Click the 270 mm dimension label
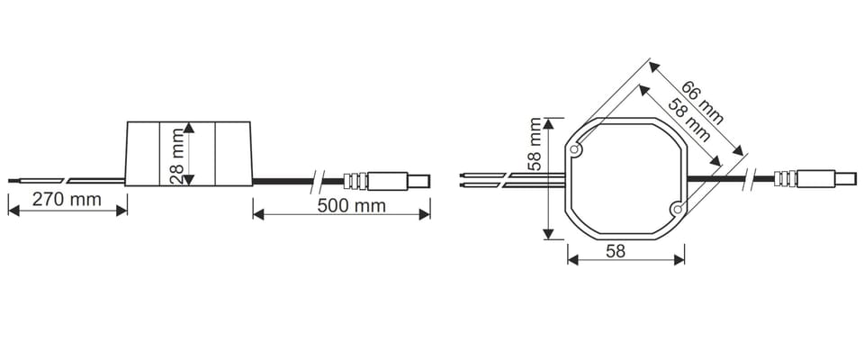click(x=67, y=199)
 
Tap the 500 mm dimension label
click(x=352, y=206)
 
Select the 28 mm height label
click(x=177, y=156)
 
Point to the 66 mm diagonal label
click(x=702, y=103)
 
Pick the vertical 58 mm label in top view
click(x=534, y=144)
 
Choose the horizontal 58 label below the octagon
click(x=616, y=251)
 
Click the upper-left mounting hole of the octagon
click(x=575, y=148)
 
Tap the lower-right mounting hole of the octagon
click(x=677, y=209)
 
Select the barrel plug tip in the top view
click(x=846, y=178)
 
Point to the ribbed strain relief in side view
click(x=355, y=181)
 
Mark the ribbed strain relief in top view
click(x=785, y=178)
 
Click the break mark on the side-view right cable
click(x=317, y=181)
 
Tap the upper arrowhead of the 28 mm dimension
click(x=188, y=128)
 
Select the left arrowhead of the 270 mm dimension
click(x=13, y=211)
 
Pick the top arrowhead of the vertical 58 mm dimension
click(x=548, y=123)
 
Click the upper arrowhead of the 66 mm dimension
click(x=653, y=67)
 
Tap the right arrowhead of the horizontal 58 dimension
click(x=679, y=260)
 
